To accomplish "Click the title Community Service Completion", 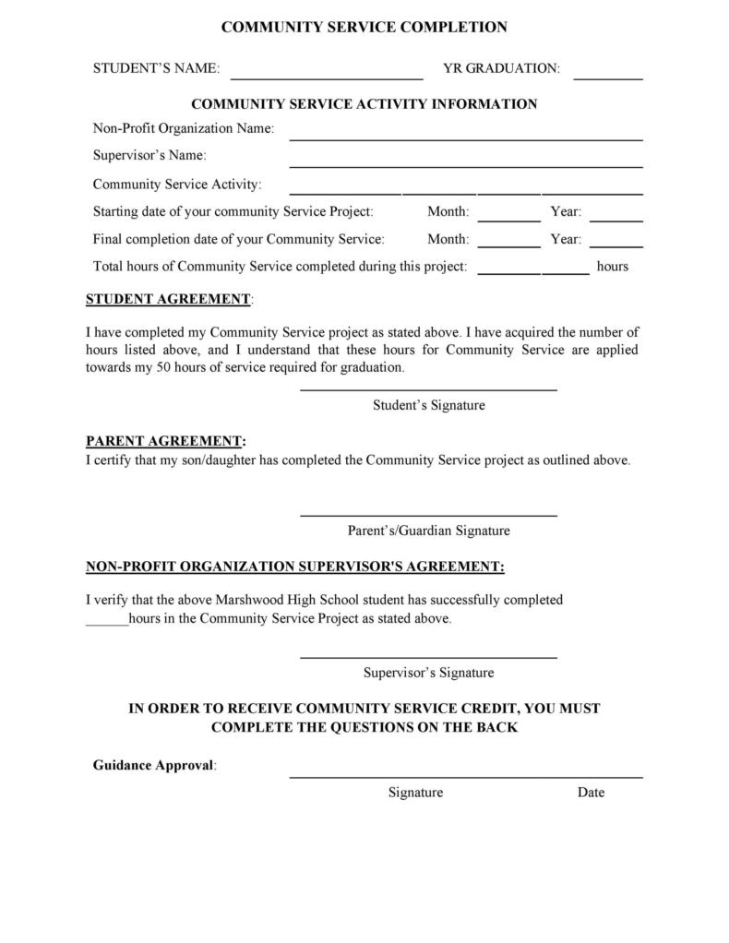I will pos(364,28).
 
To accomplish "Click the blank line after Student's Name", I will pos(327,77).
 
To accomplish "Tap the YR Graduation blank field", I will pos(607,77).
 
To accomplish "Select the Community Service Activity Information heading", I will pos(364,104).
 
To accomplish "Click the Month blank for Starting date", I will pos(509,220).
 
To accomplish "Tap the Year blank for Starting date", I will pos(615,220).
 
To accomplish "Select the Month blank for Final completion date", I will pos(509,246).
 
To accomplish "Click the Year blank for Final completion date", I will pos(615,246).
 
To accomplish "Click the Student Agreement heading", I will pos(168,299).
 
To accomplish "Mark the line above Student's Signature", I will pos(428,390).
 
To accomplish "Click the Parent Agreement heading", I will pos(164,441).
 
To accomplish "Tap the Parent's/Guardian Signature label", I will pos(428,531).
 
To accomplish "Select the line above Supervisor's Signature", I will pos(428,657).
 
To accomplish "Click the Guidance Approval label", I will pos(153,765).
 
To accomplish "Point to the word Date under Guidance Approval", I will pos(591,792).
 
